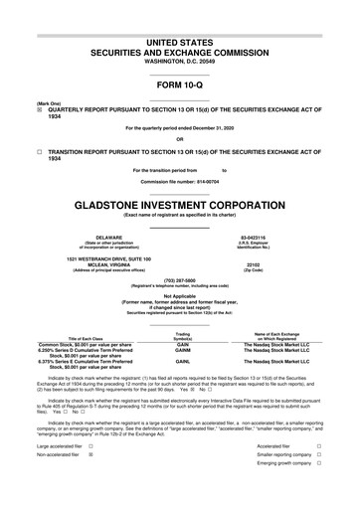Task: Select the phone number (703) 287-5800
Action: point(179,253)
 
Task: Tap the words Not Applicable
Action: point(179,266)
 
